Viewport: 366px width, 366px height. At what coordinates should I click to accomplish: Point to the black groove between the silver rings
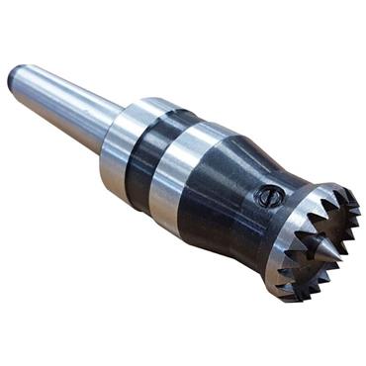pos(148,153)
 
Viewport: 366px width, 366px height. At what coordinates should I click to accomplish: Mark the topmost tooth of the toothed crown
pos(315,186)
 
